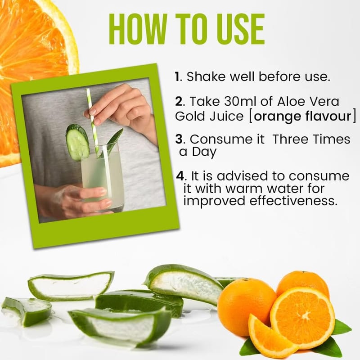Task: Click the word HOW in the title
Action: tap(138, 29)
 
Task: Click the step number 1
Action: tap(177, 76)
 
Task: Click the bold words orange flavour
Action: tap(302, 116)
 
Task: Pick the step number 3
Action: tap(179, 139)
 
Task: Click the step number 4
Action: tap(180, 176)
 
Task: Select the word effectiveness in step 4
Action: tap(293, 201)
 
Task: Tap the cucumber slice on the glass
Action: tap(77, 142)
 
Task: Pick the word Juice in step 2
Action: tap(226, 116)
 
